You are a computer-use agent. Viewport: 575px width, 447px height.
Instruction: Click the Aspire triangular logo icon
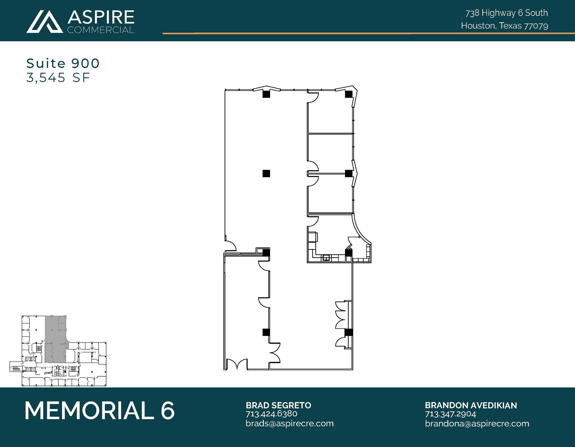[45, 22]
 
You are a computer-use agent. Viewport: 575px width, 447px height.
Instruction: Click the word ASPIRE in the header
[101, 17]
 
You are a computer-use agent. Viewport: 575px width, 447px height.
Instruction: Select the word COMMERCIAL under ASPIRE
[101, 30]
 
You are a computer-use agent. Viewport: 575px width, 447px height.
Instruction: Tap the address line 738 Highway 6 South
[506, 13]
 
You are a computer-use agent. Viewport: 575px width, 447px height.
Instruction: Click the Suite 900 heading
[63, 63]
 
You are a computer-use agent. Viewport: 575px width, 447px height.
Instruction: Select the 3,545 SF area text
[58, 78]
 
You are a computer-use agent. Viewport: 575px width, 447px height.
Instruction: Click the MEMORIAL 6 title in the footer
[100, 411]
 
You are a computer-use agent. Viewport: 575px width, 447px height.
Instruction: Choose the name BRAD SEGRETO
[278, 405]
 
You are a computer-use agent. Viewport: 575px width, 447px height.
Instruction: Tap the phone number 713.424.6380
[271, 414]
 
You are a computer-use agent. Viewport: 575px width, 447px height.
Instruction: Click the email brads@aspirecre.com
[289, 423]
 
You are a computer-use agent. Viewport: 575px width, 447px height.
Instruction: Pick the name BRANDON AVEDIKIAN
[471, 405]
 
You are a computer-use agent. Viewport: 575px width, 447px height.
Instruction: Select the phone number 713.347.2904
[450, 414]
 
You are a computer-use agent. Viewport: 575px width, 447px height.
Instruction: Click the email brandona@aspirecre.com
[477, 423]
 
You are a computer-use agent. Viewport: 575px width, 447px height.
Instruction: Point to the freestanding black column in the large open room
[266, 174]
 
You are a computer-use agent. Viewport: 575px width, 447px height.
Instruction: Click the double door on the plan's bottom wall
[237, 364]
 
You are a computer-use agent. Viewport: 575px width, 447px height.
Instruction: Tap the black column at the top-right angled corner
[348, 94]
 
